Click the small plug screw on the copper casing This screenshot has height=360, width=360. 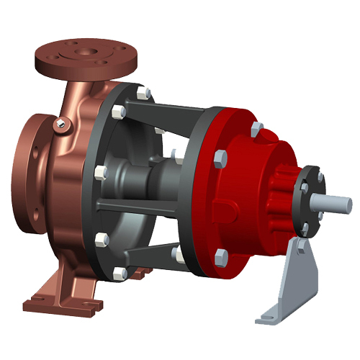point(60,127)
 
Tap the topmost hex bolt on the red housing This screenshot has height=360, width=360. point(257,130)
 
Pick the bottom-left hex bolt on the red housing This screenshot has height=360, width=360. point(221,254)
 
